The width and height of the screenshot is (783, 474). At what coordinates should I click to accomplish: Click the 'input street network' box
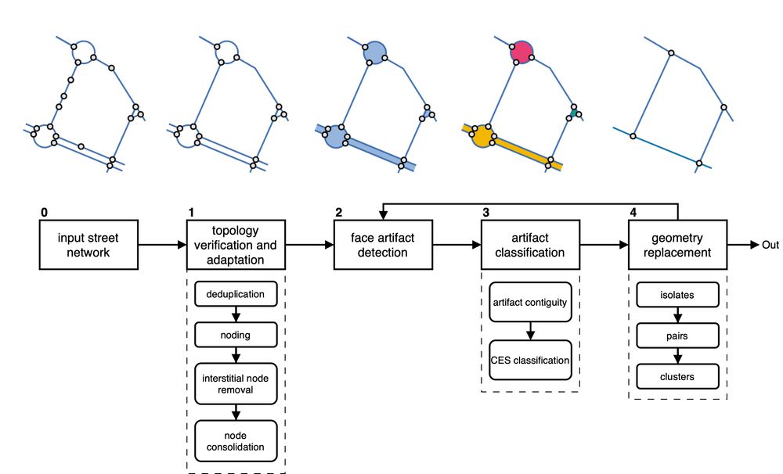coord(88,246)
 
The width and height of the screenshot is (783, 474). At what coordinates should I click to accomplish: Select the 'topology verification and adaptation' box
coord(236,246)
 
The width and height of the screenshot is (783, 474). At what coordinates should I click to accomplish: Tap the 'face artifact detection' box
coord(383,246)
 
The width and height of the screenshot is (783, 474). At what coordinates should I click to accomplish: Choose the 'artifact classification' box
coord(530,246)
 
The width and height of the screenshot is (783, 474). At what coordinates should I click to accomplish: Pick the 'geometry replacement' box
coord(677,246)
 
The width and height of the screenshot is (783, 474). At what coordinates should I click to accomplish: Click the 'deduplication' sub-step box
coord(236,295)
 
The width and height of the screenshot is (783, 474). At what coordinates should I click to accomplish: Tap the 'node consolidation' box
coord(236,440)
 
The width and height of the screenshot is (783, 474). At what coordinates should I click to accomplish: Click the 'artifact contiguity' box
coord(530,302)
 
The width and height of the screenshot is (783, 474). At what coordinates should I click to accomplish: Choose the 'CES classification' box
coord(530,360)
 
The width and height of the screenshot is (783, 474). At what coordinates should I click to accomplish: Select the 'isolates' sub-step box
coord(677,295)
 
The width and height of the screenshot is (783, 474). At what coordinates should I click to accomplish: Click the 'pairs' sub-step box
coord(677,337)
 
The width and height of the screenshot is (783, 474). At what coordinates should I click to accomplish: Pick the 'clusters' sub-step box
coord(677,377)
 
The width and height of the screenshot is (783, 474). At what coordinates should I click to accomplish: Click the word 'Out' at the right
coord(770,246)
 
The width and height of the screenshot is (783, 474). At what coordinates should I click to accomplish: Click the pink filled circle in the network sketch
coord(521,51)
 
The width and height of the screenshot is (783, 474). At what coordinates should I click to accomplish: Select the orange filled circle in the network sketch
coord(482,138)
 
